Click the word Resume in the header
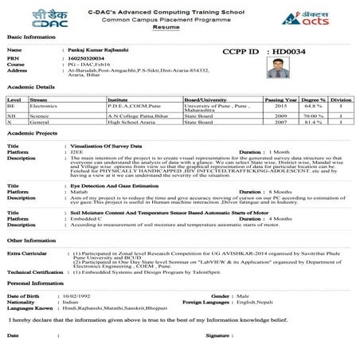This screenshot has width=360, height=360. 180,26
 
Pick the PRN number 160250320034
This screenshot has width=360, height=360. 88,57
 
